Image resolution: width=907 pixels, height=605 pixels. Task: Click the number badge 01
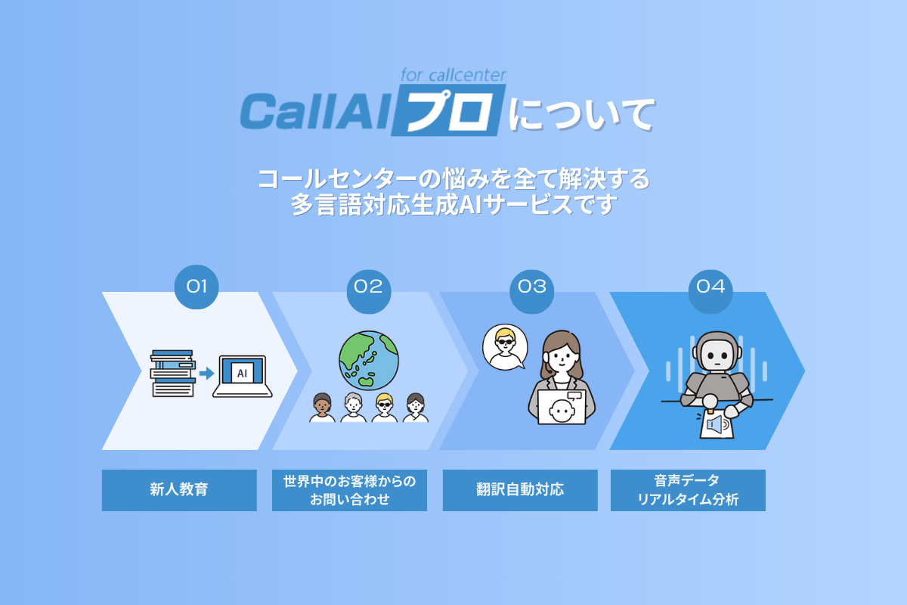coord(197,287)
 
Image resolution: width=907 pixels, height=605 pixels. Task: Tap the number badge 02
coord(368,287)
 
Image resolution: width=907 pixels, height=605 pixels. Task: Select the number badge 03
coord(531,287)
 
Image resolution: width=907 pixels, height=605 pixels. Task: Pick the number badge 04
coord(710,287)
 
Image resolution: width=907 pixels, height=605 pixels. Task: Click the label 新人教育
coord(179,490)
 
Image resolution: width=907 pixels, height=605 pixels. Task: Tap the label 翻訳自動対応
coord(520,490)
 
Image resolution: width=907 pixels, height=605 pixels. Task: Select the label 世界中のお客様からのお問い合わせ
coord(349,490)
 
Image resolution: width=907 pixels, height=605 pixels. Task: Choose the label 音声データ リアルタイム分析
coord(688,490)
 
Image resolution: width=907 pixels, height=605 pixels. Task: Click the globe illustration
coord(369,360)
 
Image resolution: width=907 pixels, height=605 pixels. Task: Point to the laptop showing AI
coord(243,375)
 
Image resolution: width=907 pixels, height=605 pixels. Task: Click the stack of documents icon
coord(173,373)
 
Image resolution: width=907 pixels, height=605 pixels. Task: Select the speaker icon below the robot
coord(717,425)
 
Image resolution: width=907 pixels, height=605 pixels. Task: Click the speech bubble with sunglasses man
coord(503,346)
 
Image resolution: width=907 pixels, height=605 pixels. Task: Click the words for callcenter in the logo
coord(453,75)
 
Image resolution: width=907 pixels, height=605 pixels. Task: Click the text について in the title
coord(580,115)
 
